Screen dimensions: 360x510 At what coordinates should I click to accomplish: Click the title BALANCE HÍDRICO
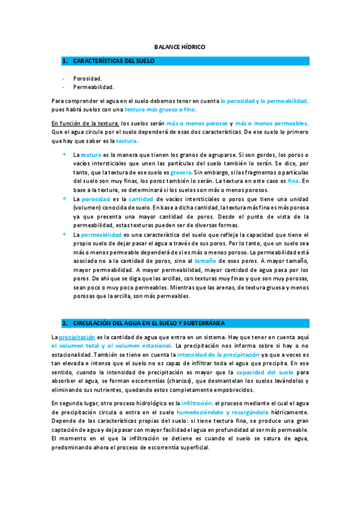pos(180,46)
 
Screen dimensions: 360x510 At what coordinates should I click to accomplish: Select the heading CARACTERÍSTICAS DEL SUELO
pos(114,61)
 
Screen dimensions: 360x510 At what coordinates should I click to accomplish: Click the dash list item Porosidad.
pos(87,78)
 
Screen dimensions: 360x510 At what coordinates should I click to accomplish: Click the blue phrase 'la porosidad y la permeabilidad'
pos(264,102)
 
